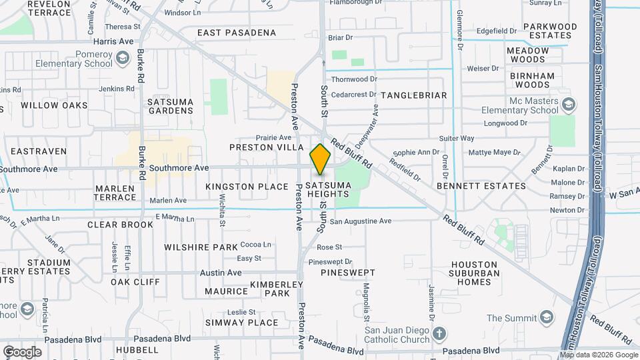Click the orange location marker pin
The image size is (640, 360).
tap(321, 159)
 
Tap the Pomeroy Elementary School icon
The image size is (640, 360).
tap(122, 59)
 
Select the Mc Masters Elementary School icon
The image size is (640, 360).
tap(567, 105)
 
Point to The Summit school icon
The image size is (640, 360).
tap(547, 316)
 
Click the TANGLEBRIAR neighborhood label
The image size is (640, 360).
tap(413, 95)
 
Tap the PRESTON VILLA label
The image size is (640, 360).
tap(261, 147)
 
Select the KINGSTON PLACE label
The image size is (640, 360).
tap(247, 187)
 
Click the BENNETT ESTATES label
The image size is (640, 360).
tap(481, 186)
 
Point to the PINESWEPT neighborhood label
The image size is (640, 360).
tap(348, 273)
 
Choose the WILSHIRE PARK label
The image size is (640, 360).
tap(201, 247)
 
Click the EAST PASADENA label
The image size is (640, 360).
tap(237, 33)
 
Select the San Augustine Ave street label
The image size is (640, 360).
tap(360, 221)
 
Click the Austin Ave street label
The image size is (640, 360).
tap(221, 273)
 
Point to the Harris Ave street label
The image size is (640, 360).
tap(114, 41)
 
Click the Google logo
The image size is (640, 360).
tap(22, 352)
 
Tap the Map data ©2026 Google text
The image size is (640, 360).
tap(599, 355)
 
